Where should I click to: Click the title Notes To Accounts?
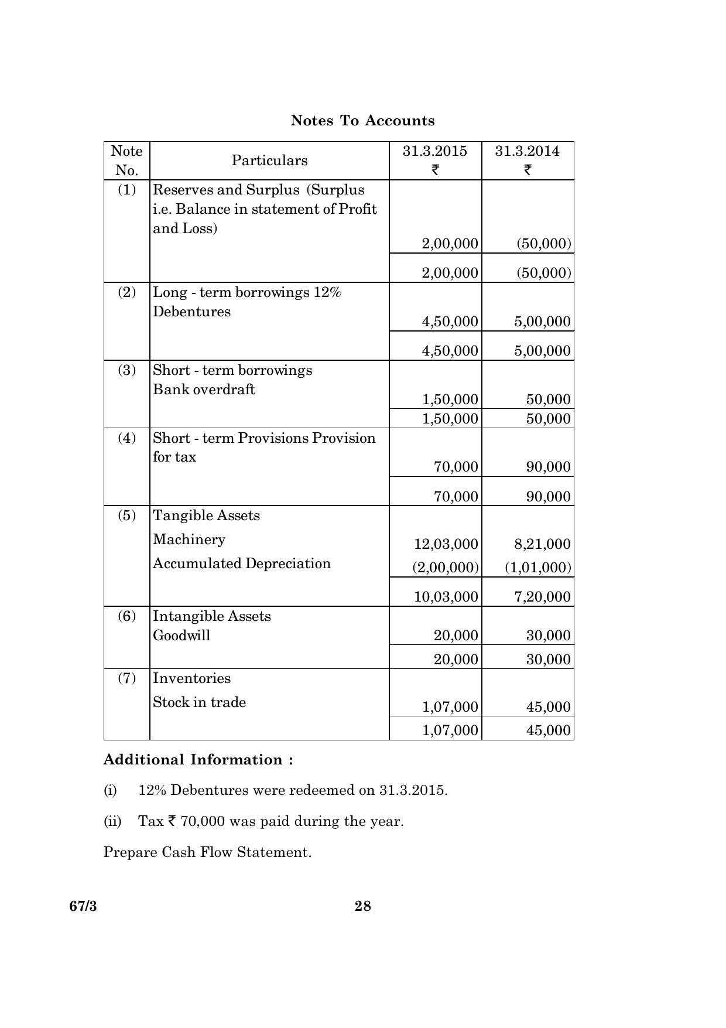coord(362,121)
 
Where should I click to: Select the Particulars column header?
coord(269,160)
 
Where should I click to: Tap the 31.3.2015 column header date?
coord(435,151)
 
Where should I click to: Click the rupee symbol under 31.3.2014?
coord(528,170)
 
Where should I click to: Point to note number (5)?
coord(126,515)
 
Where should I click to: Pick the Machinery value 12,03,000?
coord(446,544)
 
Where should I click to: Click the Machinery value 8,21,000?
coord(542,544)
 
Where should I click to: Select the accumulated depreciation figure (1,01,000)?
coord(538,568)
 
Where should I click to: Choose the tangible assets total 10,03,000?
coord(446,597)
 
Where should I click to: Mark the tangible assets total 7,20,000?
coord(542,597)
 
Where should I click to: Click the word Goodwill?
coord(181,636)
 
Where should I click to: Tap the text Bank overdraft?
coord(204,390)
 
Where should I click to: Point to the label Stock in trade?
coord(199,702)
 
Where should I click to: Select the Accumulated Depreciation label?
coord(242,563)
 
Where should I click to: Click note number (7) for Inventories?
coord(126,678)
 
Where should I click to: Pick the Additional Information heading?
coord(198,760)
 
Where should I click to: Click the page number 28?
coord(362,906)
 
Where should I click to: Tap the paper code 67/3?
coord(83,906)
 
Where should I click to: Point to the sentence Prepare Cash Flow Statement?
coord(207,852)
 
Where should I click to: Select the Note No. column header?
coord(126,160)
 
